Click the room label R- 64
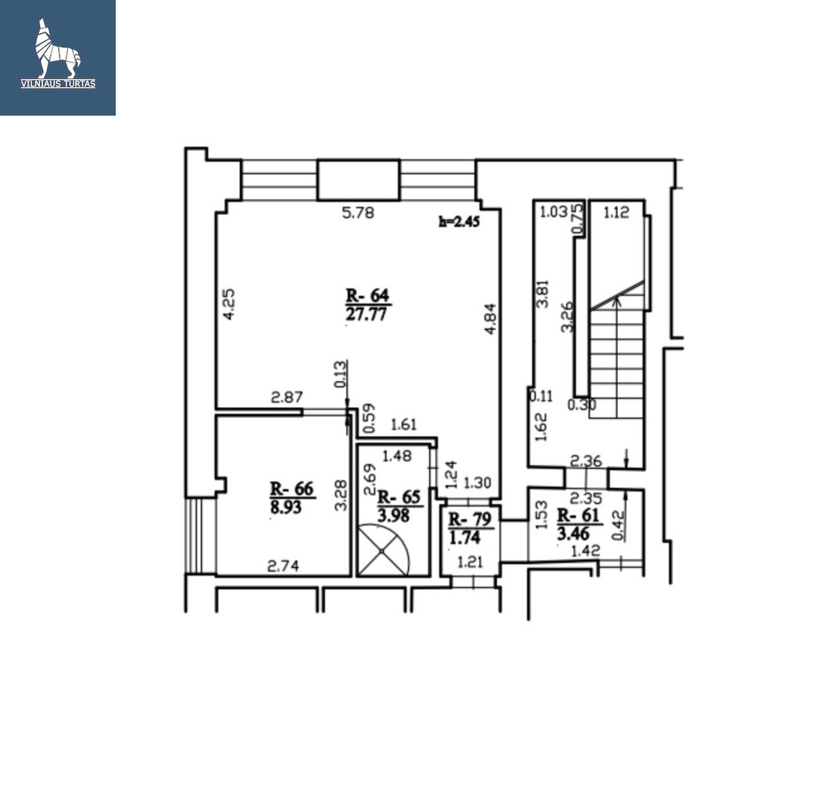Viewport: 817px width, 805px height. click(x=368, y=295)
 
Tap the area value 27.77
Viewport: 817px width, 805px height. click(x=366, y=315)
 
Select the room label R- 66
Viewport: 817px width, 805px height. click(x=291, y=489)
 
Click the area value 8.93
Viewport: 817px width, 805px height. click(x=286, y=507)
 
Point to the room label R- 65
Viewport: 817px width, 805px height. click(x=399, y=497)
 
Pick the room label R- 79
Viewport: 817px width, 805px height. click(x=470, y=520)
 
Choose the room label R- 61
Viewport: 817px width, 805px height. click(x=578, y=515)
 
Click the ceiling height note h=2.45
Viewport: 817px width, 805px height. click(x=458, y=221)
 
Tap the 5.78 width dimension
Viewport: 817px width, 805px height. click(x=358, y=212)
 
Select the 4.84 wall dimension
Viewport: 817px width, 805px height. click(x=490, y=319)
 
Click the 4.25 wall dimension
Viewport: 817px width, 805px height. click(x=229, y=304)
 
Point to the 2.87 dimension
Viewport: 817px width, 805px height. click(x=286, y=397)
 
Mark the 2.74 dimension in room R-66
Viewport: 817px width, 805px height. click(x=283, y=566)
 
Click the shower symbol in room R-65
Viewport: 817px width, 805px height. click(x=382, y=550)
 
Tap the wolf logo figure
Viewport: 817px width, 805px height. click(x=58, y=48)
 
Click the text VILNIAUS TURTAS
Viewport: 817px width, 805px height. click(x=58, y=83)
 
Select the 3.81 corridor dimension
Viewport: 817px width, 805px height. click(x=543, y=294)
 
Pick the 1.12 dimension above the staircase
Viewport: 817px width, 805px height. click(x=616, y=212)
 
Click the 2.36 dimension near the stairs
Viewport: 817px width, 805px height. click(x=586, y=461)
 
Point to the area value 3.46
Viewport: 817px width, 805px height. click(x=573, y=534)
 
